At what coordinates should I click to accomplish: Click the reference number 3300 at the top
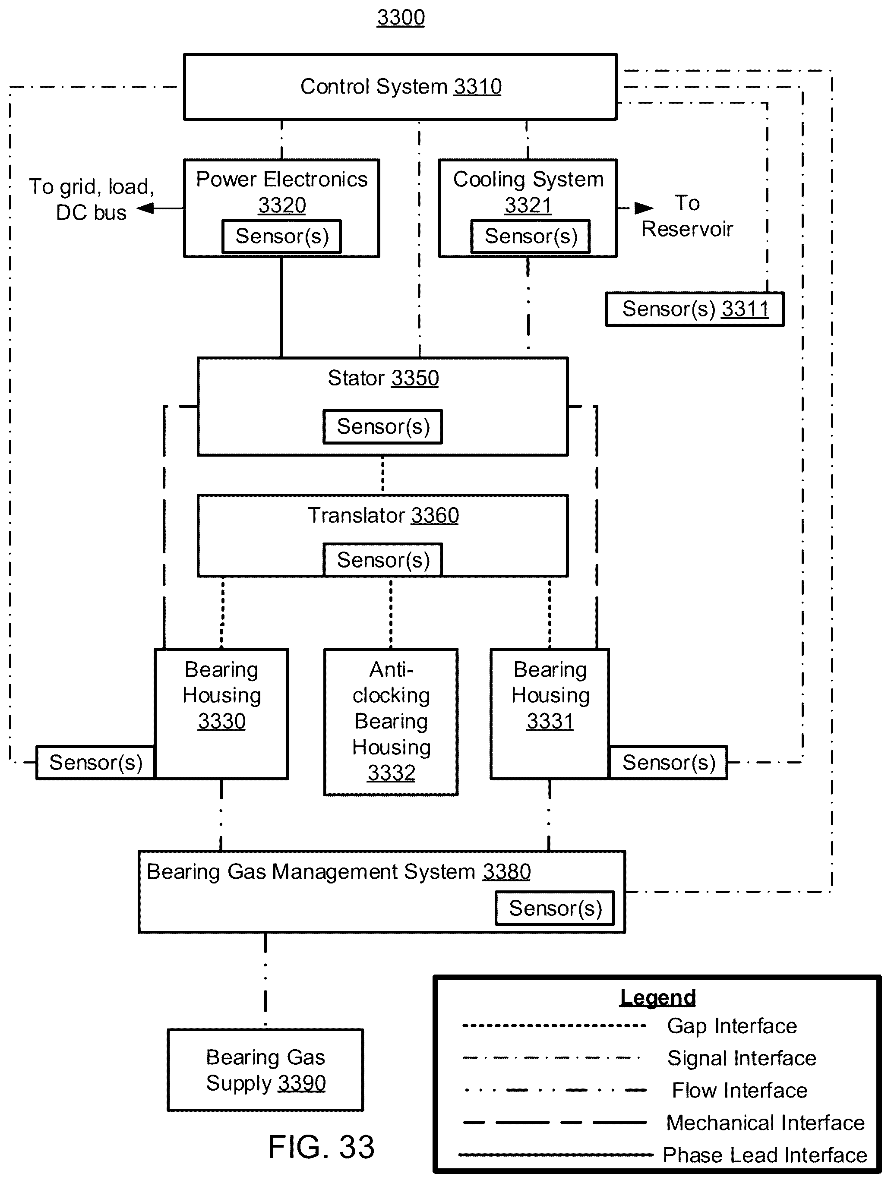point(401,18)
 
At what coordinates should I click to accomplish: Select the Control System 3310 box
point(400,87)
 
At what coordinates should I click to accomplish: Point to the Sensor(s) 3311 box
point(695,309)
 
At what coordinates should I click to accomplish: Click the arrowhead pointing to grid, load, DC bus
point(145,208)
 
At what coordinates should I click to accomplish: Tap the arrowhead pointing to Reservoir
point(644,208)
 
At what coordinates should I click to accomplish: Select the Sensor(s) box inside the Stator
point(383,426)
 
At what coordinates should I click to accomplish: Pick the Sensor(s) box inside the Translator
point(383,559)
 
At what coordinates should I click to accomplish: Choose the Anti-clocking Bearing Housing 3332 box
point(391,722)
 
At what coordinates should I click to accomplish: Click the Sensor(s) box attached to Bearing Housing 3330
point(96,763)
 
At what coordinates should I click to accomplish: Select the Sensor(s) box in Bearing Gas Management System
point(555,908)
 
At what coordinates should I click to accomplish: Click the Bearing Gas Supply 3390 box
point(265,1070)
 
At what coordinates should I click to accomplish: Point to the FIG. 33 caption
point(321,1147)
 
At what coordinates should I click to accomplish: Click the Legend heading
point(658,998)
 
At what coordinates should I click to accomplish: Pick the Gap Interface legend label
point(732,1026)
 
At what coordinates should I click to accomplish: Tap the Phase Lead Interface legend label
point(765,1155)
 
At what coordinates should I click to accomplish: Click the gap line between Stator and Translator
point(382,475)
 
